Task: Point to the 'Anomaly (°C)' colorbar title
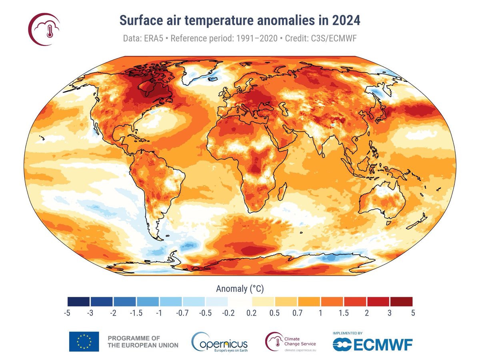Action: pos(240,288)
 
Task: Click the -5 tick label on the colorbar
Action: pos(67,313)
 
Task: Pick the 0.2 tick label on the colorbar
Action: pos(251,313)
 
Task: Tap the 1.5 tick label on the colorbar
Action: pos(343,313)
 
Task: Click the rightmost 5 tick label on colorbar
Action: pos(412,313)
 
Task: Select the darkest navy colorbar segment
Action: pos(79,301)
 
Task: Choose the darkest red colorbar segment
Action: pos(401,301)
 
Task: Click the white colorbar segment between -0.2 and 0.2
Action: pos(240,301)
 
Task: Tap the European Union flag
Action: pos(84,341)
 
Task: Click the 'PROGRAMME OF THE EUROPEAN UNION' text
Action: pos(143,341)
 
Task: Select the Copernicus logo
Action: pos(220,341)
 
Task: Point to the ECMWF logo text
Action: pos(372,344)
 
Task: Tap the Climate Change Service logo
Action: pos(291,341)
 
